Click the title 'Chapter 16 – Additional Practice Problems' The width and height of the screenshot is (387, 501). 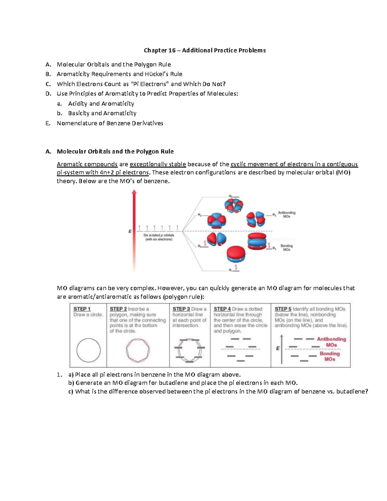point(204,50)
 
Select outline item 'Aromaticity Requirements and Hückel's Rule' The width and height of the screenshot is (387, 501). point(119,74)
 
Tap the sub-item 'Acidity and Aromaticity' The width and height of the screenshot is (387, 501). point(101,104)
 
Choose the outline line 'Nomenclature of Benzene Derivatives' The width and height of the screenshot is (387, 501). point(110,123)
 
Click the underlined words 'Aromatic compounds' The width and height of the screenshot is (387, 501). point(87,164)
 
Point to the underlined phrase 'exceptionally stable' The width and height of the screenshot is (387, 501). point(158,164)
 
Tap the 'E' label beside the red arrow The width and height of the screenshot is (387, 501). point(130,231)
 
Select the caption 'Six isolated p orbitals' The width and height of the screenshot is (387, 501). point(158,235)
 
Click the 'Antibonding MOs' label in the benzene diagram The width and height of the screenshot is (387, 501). point(286,215)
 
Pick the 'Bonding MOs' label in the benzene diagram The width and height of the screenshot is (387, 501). point(286,248)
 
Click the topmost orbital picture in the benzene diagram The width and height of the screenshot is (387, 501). point(233,205)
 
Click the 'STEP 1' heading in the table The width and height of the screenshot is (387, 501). point(82,309)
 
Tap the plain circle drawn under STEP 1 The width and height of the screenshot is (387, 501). point(88,350)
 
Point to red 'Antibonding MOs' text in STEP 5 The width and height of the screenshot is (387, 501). point(331,342)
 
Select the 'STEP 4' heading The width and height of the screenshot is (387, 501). point(222,309)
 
